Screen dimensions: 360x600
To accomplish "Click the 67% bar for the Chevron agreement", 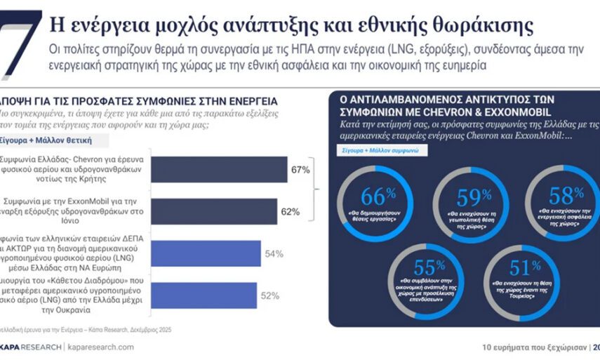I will pyautogui.click(x=218, y=170).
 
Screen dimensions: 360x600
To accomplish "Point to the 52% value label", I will pyautogui.click(x=271, y=295).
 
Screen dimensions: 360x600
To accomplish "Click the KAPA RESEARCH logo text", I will pyautogui.click(x=29, y=347).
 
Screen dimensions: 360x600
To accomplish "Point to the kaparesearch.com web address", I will pyautogui.click(x=99, y=347).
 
